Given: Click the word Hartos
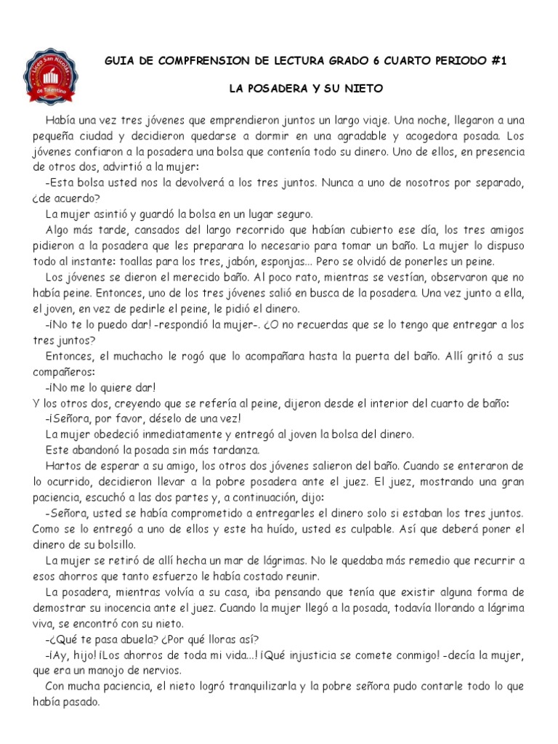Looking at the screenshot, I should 61,466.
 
